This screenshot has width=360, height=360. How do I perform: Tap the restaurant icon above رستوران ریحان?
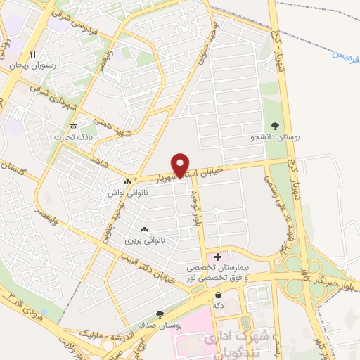point(32,54)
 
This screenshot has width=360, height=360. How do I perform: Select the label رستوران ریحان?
point(32,65)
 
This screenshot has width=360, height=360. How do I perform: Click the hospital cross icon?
point(217,257)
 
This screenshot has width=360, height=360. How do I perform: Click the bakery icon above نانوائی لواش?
point(127,181)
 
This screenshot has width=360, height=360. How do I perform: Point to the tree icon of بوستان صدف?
point(160,314)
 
